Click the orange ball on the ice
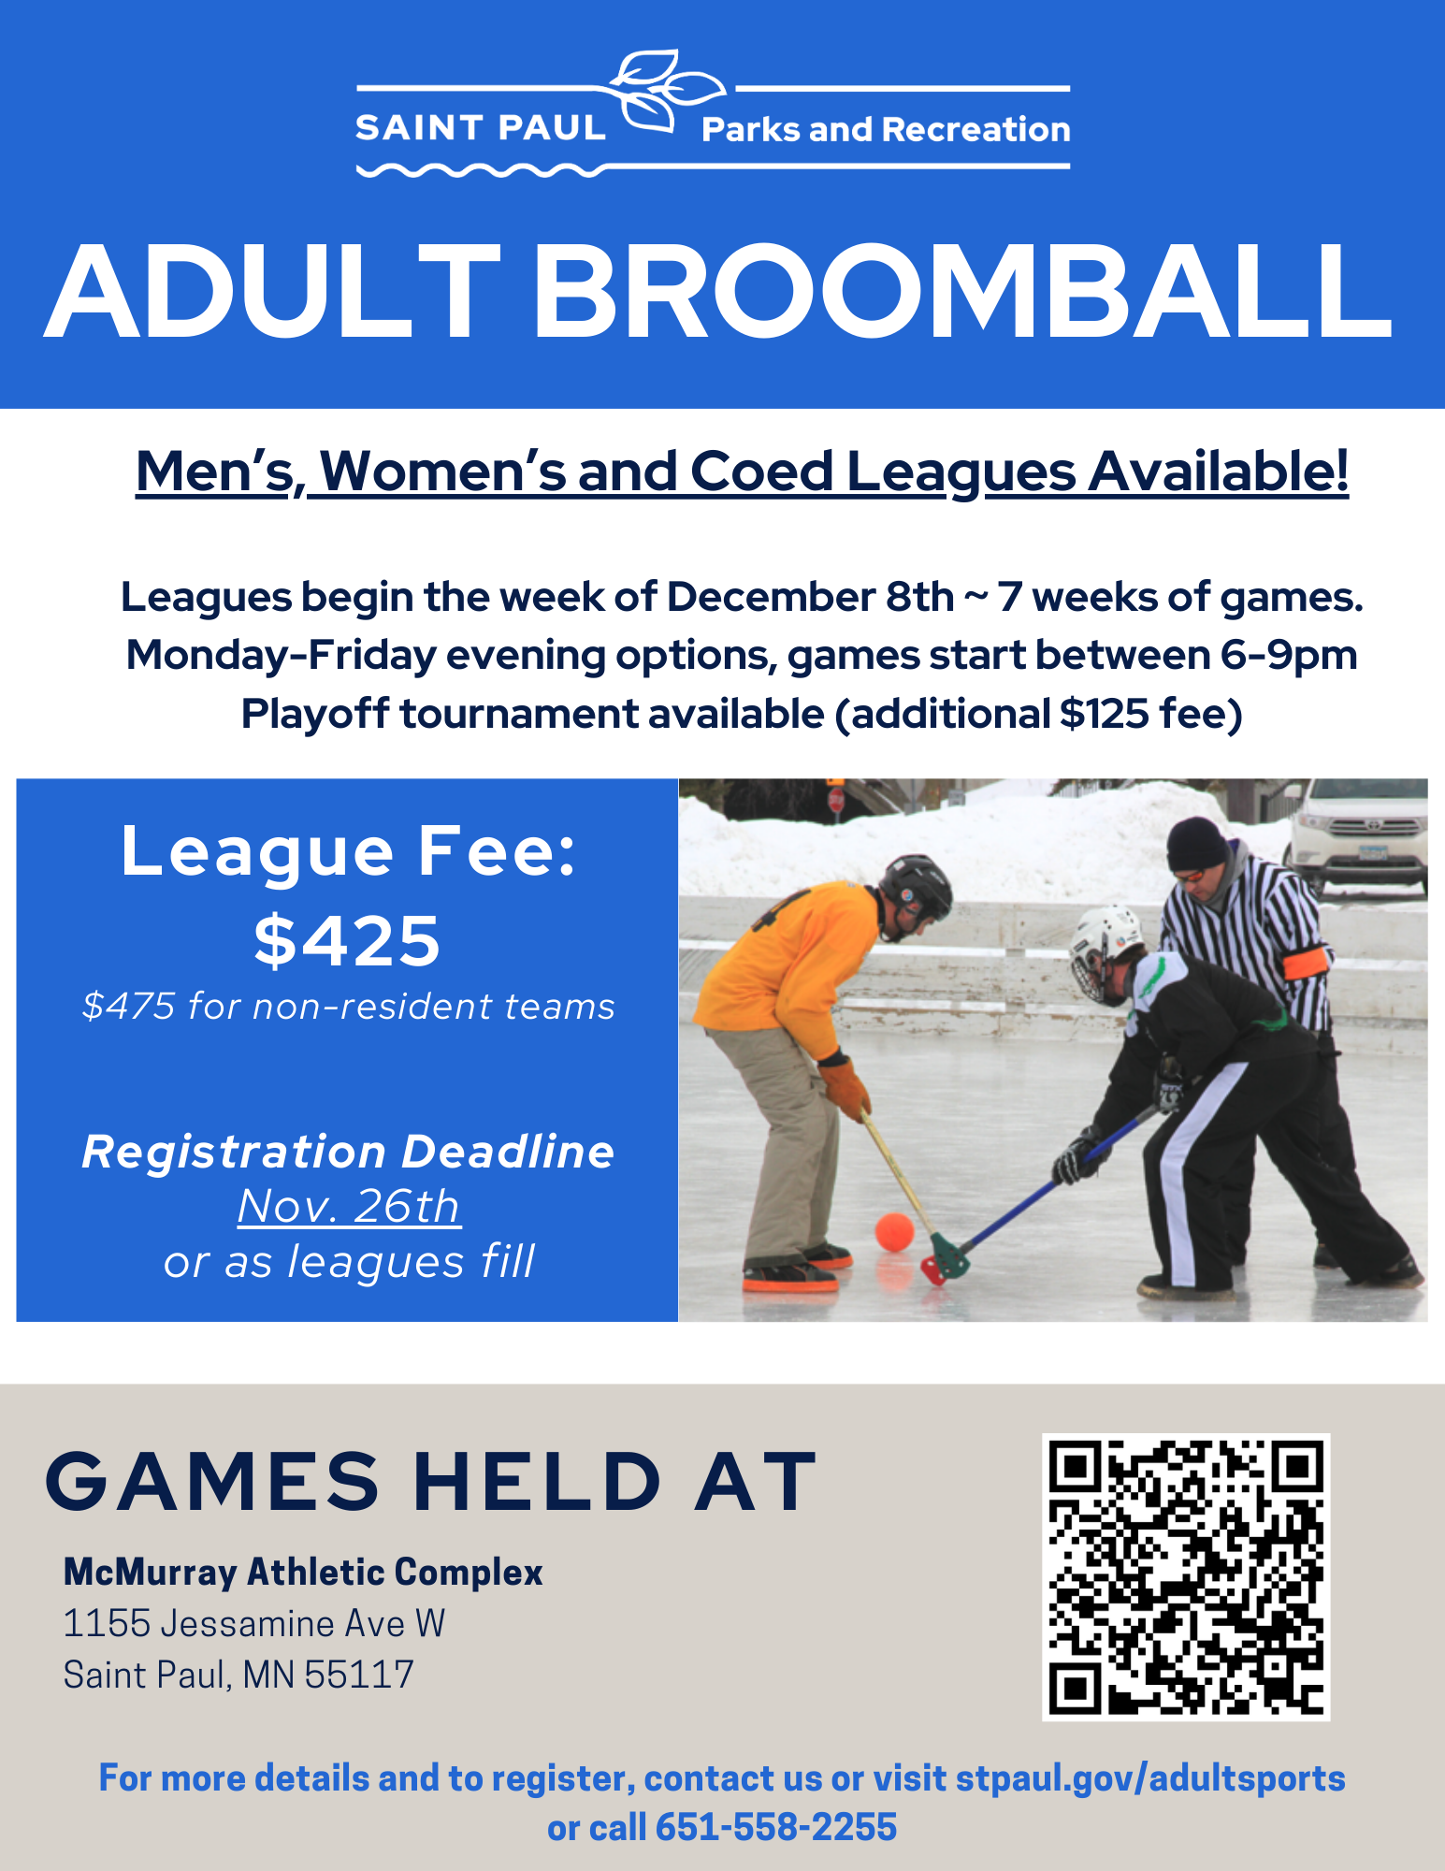pyautogui.click(x=893, y=1231)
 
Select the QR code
pyautogui.click(x=1185, y=1576)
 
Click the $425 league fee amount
pyautogui.click(x=347, y=940)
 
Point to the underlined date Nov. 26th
pyautogui.click(x=348, y=1206)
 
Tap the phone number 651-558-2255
pyautogui.click(x=775, y=1827)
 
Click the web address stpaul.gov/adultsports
pyautogui.click(x=1149, y=1778)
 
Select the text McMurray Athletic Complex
pyautogui.click(x=303, y=1573)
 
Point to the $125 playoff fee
pyautogui.click(x=1104, y=714)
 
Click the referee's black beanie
pyautogui.click(x=1196, y=843)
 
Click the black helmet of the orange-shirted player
pyautogui.click(x=916, y=883)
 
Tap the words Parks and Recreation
pyautogui.click(x=885, y=129)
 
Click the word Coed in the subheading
pyautogui.click(x=761, y=471)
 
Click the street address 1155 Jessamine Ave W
pyautogui.click(x=253, y=1624)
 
